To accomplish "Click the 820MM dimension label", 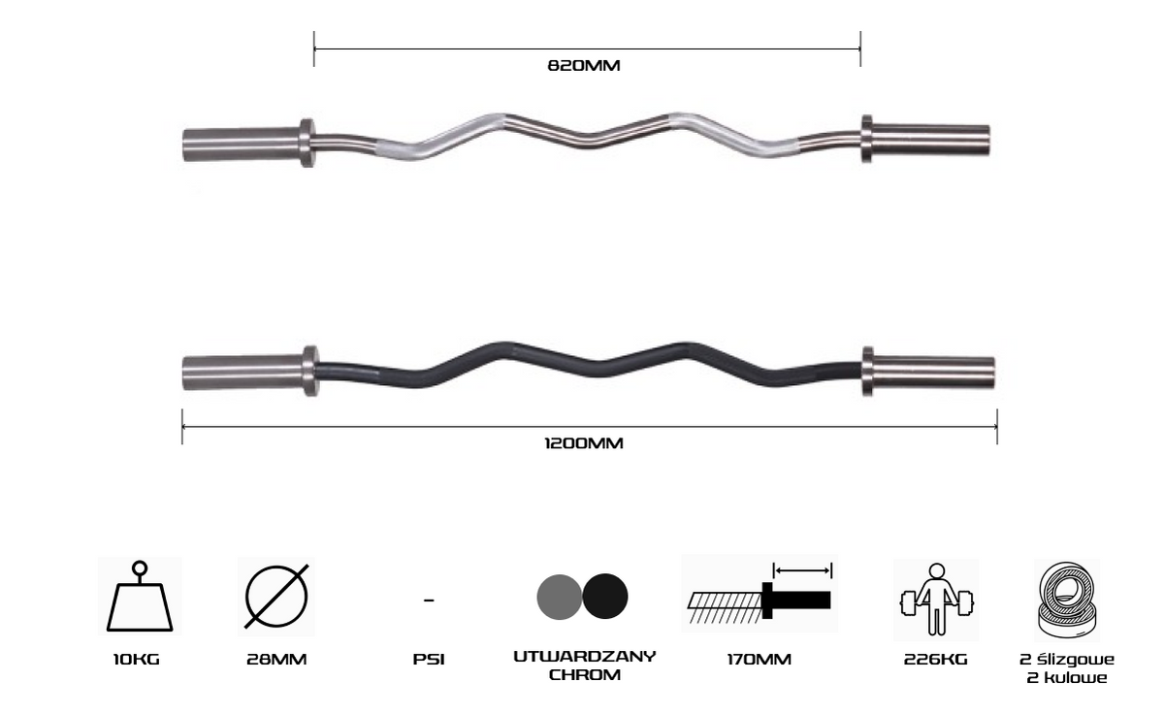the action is (x=584, y=65).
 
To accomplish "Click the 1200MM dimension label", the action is (x=584, y=443).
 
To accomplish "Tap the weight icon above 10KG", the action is (x=140, y=596).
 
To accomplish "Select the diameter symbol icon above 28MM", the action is (x=276, y=596).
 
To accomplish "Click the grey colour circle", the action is (x=559, y=597).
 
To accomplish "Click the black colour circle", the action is (x=605, y=596).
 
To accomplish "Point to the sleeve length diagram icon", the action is (x=760, y=593).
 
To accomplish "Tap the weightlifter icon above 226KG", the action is (x=936, y=600).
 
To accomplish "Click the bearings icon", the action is (x=1067, y=600).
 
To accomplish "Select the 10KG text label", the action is (x=137, y=660).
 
